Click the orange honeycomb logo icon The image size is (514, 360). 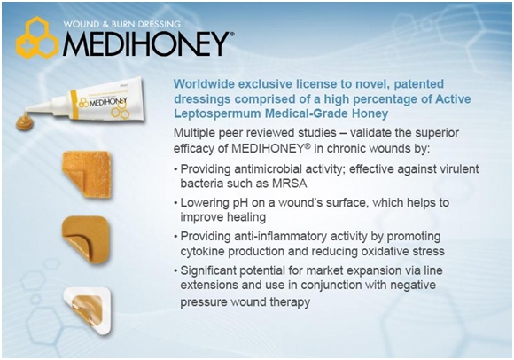[x=37, y=38]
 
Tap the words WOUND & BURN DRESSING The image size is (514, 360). [x=121, y=24]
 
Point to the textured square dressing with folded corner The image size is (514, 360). [x=87, y=174]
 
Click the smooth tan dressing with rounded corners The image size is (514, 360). [x=86, y=239]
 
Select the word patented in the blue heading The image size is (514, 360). [x=418, y=84]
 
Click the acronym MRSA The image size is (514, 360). [x=289, y=184]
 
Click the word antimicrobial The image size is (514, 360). [x=261, y=169]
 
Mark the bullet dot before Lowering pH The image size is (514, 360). [x=176, y=204]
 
